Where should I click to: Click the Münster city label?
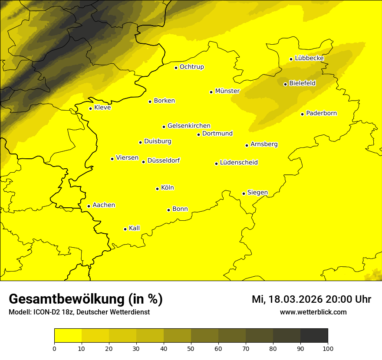(x=227, y=91)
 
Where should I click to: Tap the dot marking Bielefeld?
(x=285, y=84)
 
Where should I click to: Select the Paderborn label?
(x=321, y=114)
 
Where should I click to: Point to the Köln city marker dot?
(x=157, y=189)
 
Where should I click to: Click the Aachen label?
(x=104, y=205)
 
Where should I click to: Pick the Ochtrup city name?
(x=191, y=67)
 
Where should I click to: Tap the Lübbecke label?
(x=309, y=58)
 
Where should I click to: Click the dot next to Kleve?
(x=90, y=108)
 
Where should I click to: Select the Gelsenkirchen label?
(x=189, y=126)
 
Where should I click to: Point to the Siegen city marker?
(x=244, y=193)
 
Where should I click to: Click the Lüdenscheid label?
(x=239, y=163)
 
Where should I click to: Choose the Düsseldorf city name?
(x=163, y=160)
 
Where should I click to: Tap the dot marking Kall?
(x=125, y=229)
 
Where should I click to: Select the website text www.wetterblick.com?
(x=313, y=312)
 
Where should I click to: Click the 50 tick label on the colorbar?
(x=191, y=348)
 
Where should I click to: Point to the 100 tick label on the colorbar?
(x=328, y=348)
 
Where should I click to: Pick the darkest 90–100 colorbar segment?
(x=314, y=336)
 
